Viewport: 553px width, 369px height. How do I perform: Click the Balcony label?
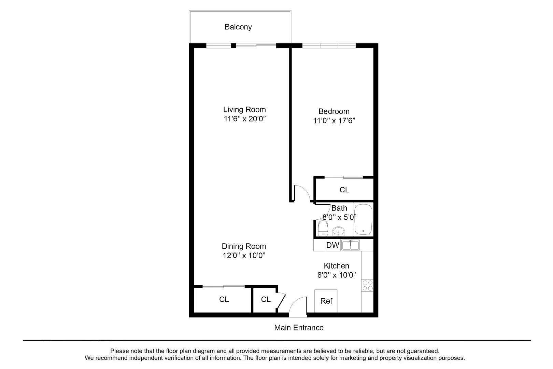click(x=238, y=27)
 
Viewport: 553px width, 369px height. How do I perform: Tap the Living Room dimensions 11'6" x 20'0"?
click(x=244, y=119)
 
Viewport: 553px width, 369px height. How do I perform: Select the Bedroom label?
click(x=334, y=111)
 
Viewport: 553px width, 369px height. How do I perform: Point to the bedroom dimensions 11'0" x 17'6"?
click(x=334, y=121)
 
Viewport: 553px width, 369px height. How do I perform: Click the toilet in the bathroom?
click(x=323, y=228)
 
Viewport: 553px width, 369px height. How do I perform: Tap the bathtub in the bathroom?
click(x=363, y=219)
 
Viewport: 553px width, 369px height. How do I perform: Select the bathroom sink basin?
click(x=339, y=232)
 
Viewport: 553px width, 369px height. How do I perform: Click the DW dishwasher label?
click(x=332, y=245)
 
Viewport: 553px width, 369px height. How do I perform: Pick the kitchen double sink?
click(x=351, y=245)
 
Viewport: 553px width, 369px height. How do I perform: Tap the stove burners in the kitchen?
click(x=367, y=285)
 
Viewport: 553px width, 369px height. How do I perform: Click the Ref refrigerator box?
click(x=326, y=301)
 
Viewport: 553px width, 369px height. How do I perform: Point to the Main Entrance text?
click(x=299, y=327)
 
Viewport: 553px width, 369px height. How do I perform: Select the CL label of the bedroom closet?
click(x=344, y=190)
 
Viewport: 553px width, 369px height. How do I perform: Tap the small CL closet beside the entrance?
click(x=266, y=299)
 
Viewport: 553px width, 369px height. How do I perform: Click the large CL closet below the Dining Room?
click(x=224, y=299)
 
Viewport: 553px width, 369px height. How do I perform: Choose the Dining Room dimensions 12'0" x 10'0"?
click(x=244, y=255)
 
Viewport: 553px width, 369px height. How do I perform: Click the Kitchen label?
click(x=336, y=266)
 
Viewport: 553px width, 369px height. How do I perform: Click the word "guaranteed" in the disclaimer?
click(x=423, y=351)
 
